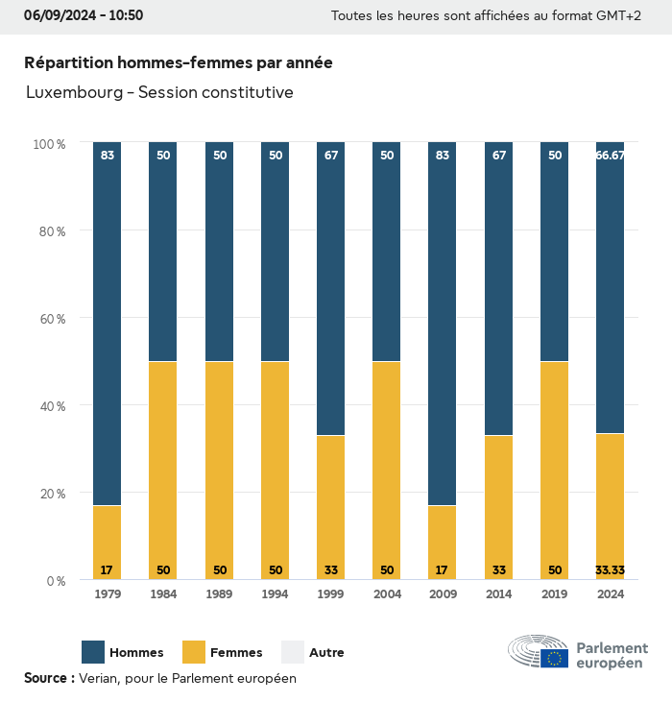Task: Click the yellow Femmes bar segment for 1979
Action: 108,538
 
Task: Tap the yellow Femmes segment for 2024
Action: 610,499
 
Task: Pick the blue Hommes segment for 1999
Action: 331,288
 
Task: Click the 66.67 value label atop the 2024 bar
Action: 610,156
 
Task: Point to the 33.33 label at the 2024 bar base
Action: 610,570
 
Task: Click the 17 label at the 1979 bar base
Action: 108,570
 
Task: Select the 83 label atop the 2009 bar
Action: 443,156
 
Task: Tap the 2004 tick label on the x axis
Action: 387,595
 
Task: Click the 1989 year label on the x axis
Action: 220,595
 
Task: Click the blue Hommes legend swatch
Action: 93,652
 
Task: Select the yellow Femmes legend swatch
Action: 194,652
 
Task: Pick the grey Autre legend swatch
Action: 293,652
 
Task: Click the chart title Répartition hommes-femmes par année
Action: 179,62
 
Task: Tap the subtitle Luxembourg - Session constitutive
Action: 159,93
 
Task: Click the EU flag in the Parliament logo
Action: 554,659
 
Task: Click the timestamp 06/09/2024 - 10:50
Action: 84,15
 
